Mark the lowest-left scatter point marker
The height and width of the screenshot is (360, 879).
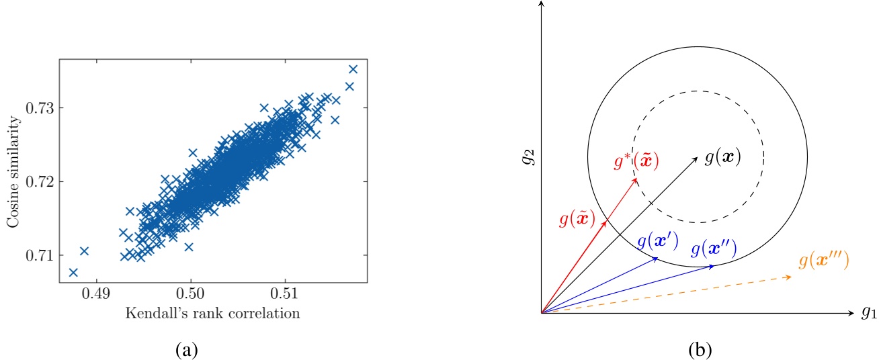pos(73,272)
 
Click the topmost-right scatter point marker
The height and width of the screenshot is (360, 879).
pos(353,69)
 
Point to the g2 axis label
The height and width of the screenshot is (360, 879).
pos(531,159)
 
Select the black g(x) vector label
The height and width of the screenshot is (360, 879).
pos(722,157)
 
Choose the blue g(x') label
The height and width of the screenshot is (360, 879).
pos(657,240)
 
